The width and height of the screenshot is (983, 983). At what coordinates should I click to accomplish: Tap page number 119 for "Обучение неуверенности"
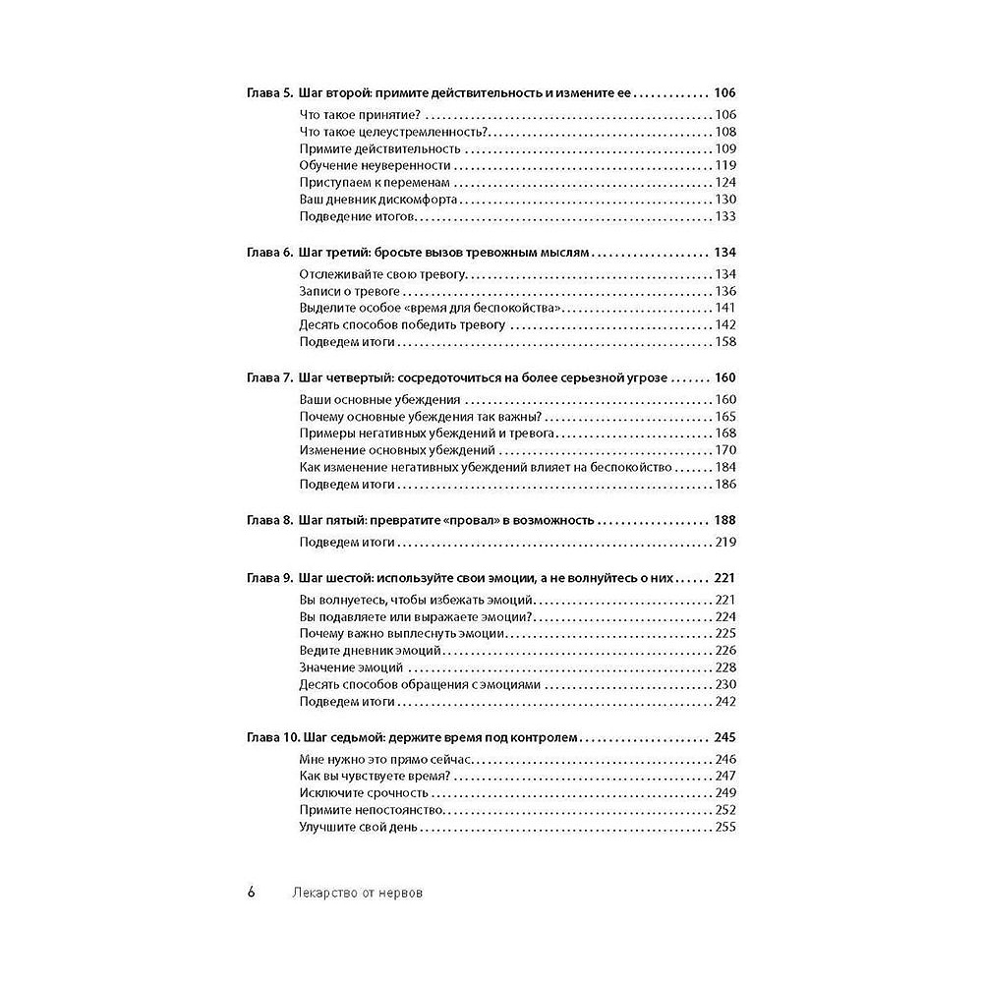tap(725, 166)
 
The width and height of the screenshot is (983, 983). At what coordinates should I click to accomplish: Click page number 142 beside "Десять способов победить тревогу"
tap(725, 325)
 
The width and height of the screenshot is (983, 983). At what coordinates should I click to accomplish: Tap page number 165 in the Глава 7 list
tap(725, 418)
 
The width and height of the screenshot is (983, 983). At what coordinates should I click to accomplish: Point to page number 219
tap(725, 542)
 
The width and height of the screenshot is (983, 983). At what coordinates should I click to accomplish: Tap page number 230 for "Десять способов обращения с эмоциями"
tap(725, 685)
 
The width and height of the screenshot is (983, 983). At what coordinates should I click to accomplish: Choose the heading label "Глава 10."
tap(269, 737)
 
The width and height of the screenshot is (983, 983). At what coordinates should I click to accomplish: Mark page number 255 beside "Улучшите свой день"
tap(725, 828)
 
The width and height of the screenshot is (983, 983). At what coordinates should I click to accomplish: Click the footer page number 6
tap(252, 894)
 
